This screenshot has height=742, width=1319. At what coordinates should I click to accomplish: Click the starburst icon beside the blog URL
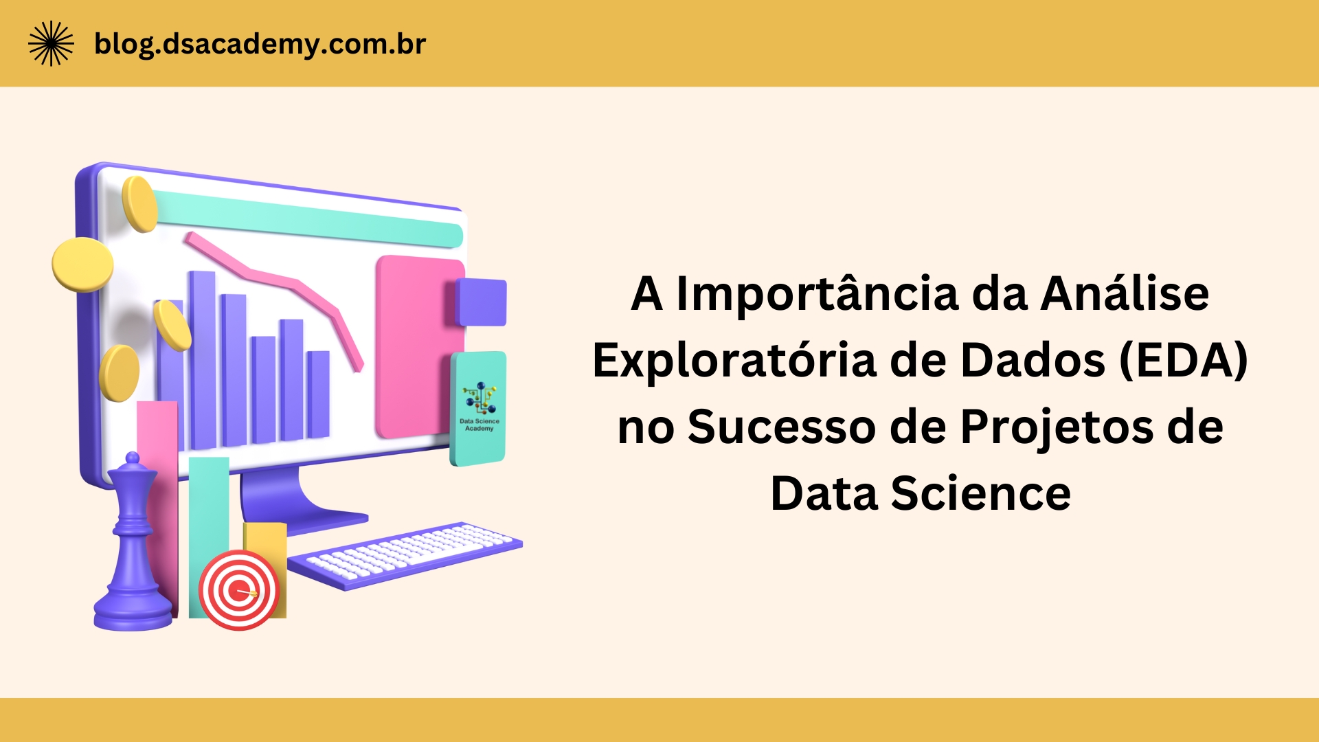[x=51, y=43]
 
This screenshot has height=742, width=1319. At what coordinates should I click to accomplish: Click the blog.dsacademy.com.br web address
[x=260, y=44]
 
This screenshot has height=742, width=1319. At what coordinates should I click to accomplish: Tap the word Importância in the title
[x=817, y=293]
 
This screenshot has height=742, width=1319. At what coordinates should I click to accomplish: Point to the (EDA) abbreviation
[x=1183, y=360]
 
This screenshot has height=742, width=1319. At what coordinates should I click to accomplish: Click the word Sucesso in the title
[x=781, y=427]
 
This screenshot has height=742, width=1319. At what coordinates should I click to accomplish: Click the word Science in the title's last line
[x=980, y=493]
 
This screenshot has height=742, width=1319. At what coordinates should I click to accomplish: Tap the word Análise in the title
[x=1125, y=293]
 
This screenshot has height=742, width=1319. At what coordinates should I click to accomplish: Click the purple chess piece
[x=133, y=550]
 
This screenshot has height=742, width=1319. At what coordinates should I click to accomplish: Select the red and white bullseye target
[x=238, y=590]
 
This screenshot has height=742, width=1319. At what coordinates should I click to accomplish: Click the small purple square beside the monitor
[x=482, y=302]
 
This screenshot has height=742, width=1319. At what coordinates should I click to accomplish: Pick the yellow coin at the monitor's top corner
[x=139, y=203]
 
